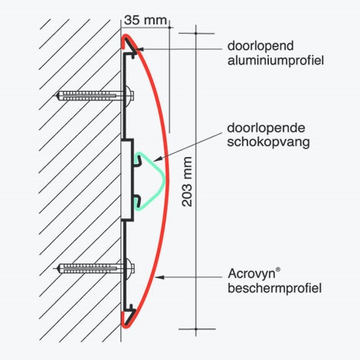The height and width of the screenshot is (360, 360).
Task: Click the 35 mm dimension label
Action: point(146,20)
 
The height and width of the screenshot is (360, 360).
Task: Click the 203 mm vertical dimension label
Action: point(187,182)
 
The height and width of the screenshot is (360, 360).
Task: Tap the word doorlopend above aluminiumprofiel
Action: point(260,46)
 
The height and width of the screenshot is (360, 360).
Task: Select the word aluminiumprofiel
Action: point(276,61)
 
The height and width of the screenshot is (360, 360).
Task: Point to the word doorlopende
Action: point(266,128)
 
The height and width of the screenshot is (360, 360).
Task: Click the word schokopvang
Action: point(268,142)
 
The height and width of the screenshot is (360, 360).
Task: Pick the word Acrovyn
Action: point(251,274)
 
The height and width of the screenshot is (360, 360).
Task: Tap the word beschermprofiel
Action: point(274,288)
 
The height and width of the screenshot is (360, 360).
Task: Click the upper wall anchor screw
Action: point(94,96)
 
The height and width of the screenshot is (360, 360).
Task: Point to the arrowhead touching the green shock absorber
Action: point(157,159)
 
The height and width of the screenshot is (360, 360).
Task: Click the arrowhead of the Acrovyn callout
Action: point(159,277)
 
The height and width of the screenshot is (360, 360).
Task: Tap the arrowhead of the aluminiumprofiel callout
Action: point(139,49)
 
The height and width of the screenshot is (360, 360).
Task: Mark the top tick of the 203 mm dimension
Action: point(196,34)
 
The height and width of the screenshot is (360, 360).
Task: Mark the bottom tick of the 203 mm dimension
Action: point(196,329)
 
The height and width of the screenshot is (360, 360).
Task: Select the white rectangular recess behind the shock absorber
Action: point(126,180)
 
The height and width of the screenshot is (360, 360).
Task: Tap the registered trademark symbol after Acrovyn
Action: point(278,270)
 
